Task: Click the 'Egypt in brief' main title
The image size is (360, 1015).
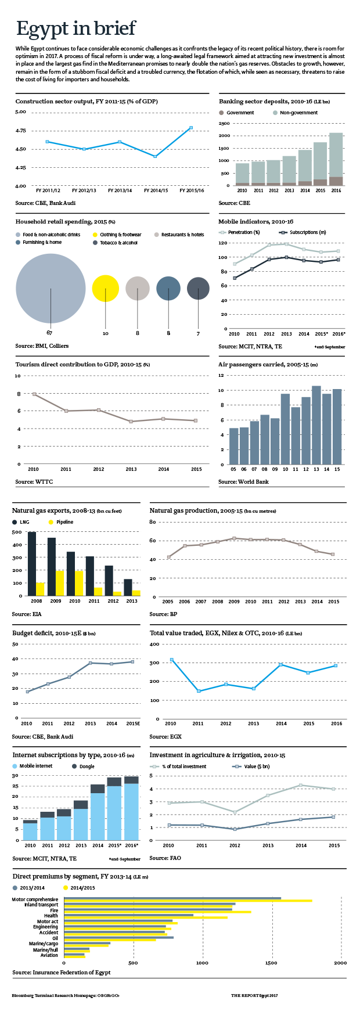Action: point(76,28)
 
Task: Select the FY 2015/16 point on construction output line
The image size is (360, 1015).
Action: point(191,128)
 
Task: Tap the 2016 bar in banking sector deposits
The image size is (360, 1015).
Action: point(336,159)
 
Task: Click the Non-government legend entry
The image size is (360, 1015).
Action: point(296,113)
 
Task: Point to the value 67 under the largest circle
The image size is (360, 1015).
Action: point(50,333)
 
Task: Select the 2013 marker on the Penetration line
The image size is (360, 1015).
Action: point(286,244)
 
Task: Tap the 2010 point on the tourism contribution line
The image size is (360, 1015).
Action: point(34,394)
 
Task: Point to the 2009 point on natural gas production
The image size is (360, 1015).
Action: point(234,538)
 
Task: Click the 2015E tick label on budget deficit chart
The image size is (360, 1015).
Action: point(133,724)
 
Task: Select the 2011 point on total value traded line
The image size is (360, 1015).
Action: point(199,691)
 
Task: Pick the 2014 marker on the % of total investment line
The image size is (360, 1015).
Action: point(301,785)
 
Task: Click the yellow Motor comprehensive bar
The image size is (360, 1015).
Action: point(188,901)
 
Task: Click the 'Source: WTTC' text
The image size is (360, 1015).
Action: point(34,482)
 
